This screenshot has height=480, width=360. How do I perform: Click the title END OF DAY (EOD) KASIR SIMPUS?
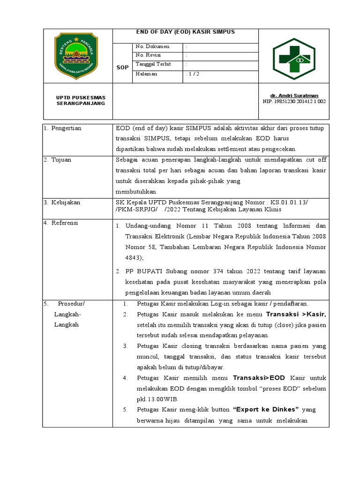click(x=185, y=32)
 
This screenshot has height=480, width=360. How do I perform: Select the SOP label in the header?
click(x=122, y=67)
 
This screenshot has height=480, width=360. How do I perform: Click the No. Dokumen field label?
click(x=152, y=47)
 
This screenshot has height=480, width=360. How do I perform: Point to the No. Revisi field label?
click(x=148, y=55)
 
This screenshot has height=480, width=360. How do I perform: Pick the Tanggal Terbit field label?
click(x=153, y=64)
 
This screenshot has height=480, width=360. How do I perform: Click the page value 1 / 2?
click(x=192, y=74)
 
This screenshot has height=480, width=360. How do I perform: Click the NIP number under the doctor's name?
click(x=294, y=101)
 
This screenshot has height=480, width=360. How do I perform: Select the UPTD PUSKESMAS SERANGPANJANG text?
click(x=81, y=100)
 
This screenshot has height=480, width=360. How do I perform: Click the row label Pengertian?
click(x=66, y=128)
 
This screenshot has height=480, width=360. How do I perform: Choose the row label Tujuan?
click(x=61, y=160)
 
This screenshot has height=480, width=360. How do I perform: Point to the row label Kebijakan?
click(x=65, y=202)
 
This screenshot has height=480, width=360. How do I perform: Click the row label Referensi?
click(x=65, y=223)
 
